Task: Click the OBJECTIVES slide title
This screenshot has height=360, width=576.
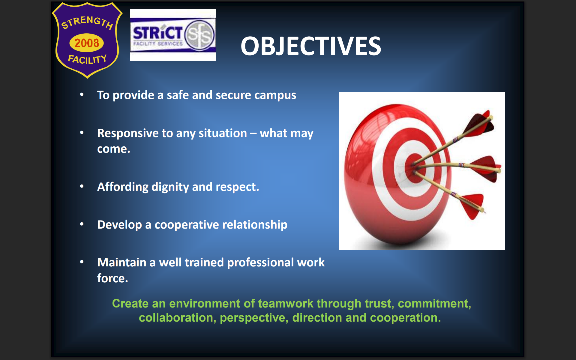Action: (311, 46)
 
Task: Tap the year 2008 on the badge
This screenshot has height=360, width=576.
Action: (87, 43)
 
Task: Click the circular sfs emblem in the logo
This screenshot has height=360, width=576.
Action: (199, 34)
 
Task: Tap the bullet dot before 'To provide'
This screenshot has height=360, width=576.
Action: (82, 94)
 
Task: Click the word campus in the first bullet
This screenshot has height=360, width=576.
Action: (275, 95)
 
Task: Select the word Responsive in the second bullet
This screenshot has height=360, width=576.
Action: (127, 133)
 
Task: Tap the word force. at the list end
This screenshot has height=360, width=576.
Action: (112, 278)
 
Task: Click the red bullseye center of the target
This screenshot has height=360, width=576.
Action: (415, 168)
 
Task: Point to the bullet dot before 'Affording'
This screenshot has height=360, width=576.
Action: (82, 186)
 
